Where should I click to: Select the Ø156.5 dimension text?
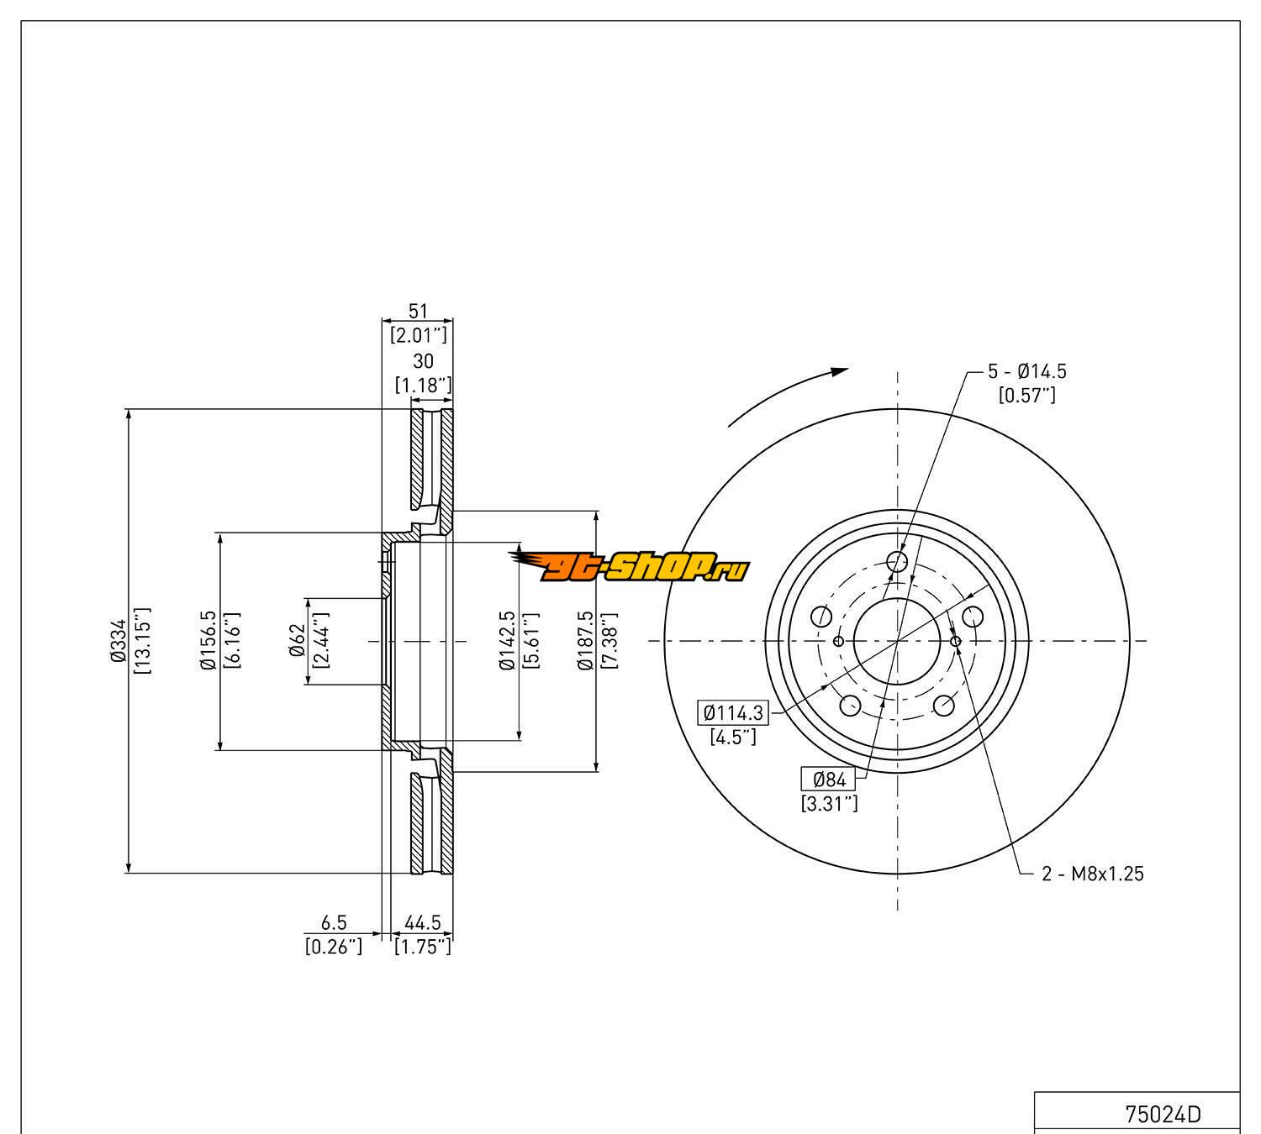tap(208, 641)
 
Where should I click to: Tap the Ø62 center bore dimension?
tap(296, 641)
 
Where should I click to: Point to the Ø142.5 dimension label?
tap(506, 641)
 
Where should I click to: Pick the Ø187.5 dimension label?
tap(585, 641)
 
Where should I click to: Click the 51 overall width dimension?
tap(418, 312)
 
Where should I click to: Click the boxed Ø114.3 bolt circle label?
tap(734, 713)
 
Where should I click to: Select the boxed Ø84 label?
tap(829, 780)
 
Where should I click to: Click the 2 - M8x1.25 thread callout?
tap(1093, 874)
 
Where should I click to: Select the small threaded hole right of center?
tap(956, 642)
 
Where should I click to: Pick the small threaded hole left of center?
tap(838, 642)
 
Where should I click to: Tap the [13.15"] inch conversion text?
tap(141, 641)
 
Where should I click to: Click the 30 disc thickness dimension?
tap(424, 361)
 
